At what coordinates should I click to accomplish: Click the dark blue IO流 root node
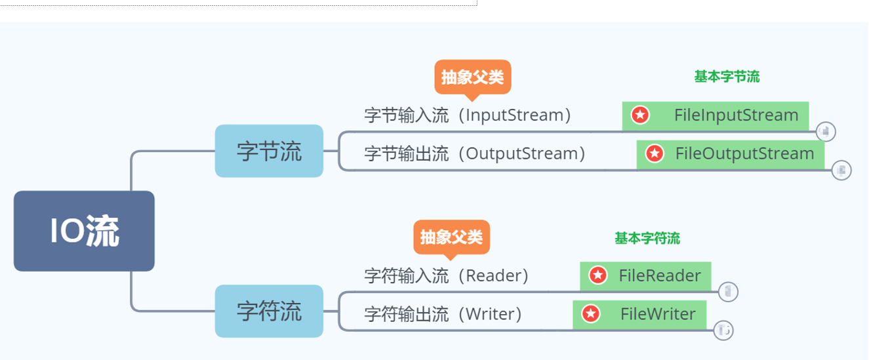(84, 231)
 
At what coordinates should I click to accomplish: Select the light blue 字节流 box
(269, 151)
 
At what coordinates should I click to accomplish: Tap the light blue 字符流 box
(269, 311)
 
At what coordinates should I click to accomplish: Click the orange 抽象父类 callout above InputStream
(472, 77)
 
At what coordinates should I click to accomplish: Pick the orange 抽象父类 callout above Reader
(451, 236)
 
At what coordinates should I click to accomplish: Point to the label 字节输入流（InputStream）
(468, 115)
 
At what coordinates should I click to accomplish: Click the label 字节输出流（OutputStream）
(475, 153)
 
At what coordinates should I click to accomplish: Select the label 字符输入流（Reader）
(447, 275)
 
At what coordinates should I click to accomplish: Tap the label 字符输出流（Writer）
(443, 314)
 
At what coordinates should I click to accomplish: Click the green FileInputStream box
(715, 115)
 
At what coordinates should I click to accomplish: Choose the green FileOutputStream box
(731, 154)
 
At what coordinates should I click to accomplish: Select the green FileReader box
(645, 275)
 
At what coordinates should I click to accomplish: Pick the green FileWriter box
(639, 314)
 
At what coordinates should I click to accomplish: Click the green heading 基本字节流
(727, 77)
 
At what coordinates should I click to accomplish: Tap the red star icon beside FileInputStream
(640, 115)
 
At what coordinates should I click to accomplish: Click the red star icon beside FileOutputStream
(654, 154)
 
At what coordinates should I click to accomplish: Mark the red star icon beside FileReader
(597, 275)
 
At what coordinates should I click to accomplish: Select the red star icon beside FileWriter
(591, 314)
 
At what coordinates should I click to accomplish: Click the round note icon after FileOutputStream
(841, 170)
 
